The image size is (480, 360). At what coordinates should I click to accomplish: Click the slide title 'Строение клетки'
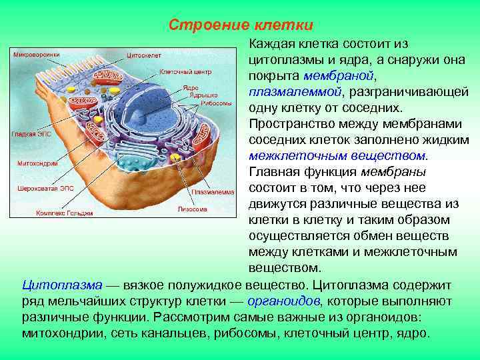point(240,25)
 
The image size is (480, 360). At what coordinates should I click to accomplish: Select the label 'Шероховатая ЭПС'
point(45,189)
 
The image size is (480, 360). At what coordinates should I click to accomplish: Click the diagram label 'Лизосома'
point(192,209)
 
